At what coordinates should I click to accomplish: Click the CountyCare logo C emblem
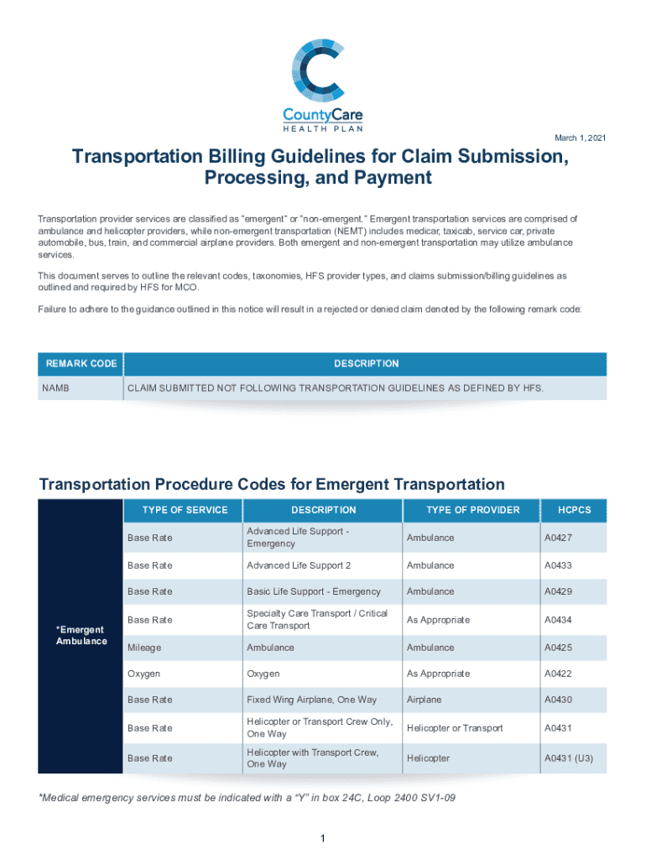(x=322, y=67)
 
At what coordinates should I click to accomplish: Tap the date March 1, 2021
(x=581, y=138)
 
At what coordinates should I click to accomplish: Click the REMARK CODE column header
(x=81, y=364)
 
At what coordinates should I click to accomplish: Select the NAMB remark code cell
(x=57, y=388)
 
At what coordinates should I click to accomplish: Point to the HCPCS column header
(x=575, y=510)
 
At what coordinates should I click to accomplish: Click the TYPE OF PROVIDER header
(x=472, y=510)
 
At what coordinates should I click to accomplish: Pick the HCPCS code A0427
(x=559, y=538)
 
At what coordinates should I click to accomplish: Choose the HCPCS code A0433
(x=559, y=565)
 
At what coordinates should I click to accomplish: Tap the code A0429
(x=559, y=591)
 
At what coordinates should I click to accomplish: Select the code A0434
(x=559, y=620)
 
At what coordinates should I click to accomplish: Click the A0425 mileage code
(x=559, y=648)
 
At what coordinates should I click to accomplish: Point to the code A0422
(x=559, y=674)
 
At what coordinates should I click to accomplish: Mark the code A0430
(x=559, y=700)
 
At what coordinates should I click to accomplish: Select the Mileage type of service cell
(x=144, y=648)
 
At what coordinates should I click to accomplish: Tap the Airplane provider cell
(x=425, y=700)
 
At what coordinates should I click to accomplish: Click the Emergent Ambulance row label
(x=81, y=635)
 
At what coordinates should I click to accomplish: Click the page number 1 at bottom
(x=322, y=839)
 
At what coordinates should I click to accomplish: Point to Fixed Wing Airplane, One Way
(x=311, y=700)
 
